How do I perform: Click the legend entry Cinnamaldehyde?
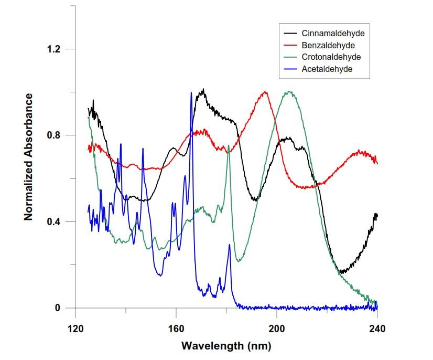point(333,33)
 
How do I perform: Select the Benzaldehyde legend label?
point(329,45)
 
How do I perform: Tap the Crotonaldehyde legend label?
point(331,57)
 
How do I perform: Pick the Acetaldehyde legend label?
point(327,69)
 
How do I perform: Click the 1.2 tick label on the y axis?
point(53,49)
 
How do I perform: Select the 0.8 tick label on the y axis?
point(53,135)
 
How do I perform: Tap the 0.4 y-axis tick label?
point(53,221)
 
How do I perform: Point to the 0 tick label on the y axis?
point(58,308)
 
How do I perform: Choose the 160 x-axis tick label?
point(176,329)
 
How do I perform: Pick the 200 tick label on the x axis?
point(277,329)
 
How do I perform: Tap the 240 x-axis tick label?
point(377,329)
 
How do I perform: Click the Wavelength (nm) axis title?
point(226,346)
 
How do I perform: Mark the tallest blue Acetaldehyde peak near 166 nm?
point(191,93)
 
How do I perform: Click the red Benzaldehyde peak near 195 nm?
point(265,92)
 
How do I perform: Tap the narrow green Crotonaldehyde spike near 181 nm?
point(229,153)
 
